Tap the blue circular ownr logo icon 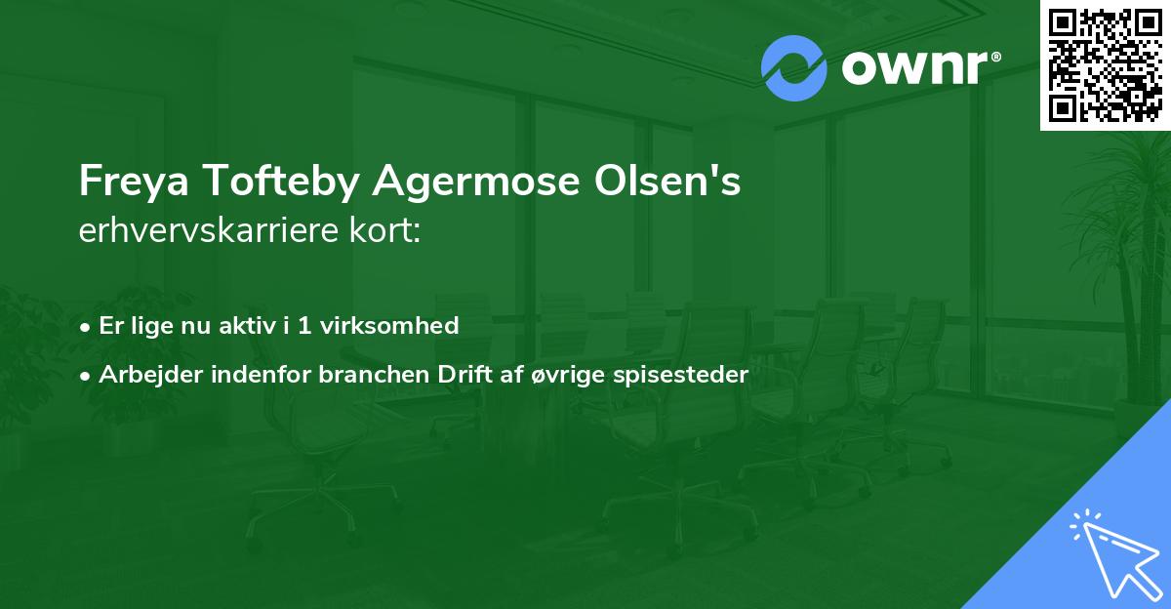[x=794, y=67]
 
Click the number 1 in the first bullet [x=304, y=325]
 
